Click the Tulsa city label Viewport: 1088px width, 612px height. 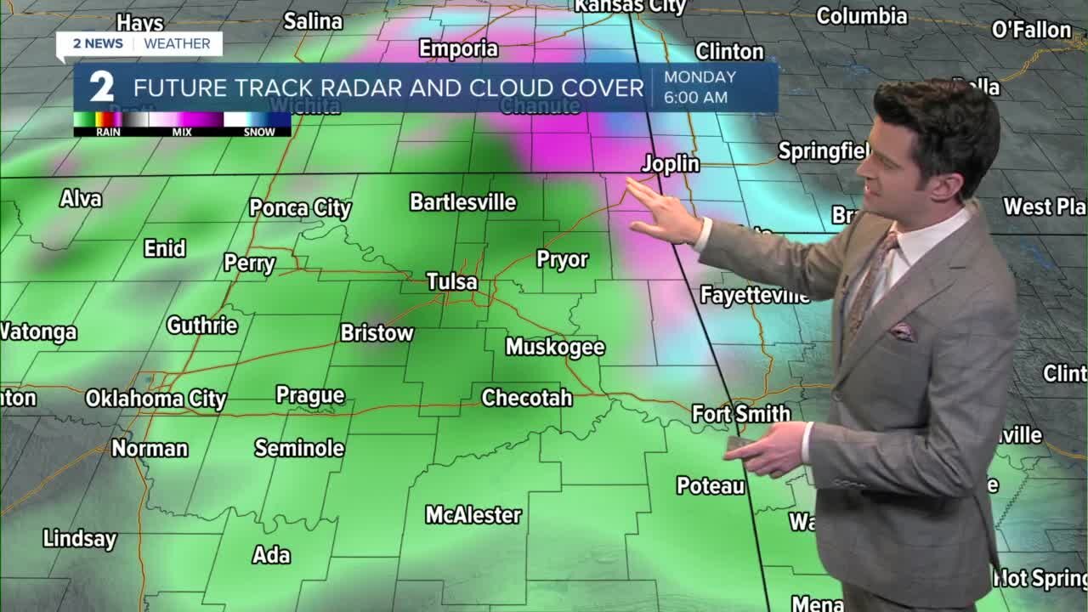click(x=451, y=281)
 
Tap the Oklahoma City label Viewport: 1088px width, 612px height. click(x=156, y=399)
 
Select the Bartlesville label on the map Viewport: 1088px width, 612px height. click(x=462, y=202)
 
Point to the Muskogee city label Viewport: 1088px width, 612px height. click(x=555, y=347)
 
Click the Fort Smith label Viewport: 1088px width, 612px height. click(x=740, y=414)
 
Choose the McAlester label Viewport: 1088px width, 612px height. click(x=473, y=515)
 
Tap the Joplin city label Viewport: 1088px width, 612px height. click(x=671, y=164)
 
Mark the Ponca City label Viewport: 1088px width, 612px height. click(x=300, y=208)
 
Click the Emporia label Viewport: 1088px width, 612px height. click(x=458, y=49)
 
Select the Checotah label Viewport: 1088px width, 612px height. click(x=526, y=398)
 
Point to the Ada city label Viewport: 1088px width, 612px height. click(x=271, y=555)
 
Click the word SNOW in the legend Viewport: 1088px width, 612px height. click(x=259, y=133)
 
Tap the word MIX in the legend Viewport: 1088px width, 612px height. click(x=181, y=133)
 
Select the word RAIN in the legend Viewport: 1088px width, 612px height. click(x=108, y=133)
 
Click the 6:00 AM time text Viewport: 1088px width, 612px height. click(x=695, y=98)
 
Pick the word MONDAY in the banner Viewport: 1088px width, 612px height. click(x=700, y=76)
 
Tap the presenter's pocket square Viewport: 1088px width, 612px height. click(x=901, y=331)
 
